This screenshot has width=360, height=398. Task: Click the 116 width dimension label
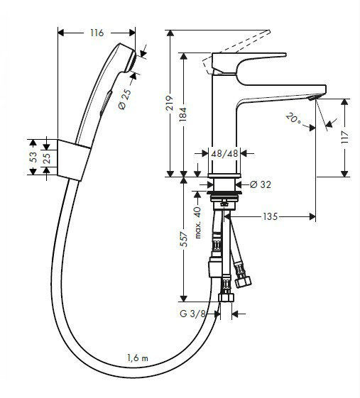[x=97, y=33]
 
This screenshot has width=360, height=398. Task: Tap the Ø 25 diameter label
[x=125, y=99]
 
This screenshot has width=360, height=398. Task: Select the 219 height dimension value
[x=170, y=103]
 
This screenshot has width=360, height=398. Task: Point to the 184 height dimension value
[x=183, y=114]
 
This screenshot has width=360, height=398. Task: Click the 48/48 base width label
[x=224, y=153]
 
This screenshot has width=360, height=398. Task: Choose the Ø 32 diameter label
[x=261, y=184]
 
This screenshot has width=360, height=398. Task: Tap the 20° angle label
[x=293, y=118]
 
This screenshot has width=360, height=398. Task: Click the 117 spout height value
[x=345, y=138]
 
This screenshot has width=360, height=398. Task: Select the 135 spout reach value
[x=270, y=216]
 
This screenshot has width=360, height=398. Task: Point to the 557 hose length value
[x=183, y=239]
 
